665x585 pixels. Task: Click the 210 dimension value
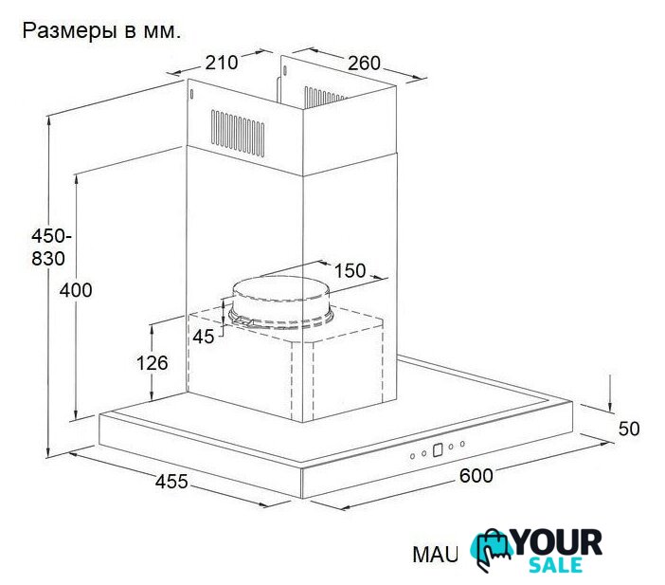click(222, 63)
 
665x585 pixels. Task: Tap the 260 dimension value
click(365, 64)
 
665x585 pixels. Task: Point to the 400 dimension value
click(76, 290)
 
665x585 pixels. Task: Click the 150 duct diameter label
click(350, 270)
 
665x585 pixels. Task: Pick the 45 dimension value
click(204, 337)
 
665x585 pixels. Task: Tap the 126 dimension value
click(152, 363)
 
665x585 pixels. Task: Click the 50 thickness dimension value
click(628, 429)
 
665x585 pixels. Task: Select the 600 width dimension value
click(476, 475)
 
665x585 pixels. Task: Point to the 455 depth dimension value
click(171, 482)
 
